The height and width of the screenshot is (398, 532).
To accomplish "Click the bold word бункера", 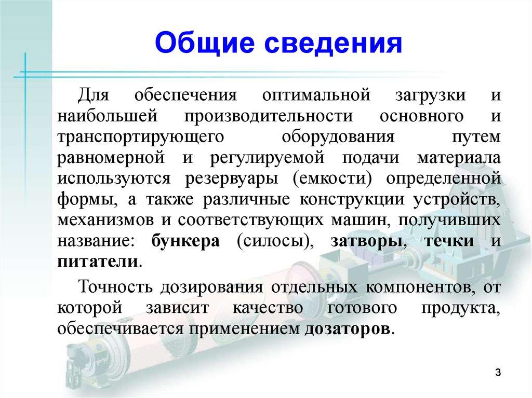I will pos(185,242).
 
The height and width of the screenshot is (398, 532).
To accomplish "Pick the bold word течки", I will pos(448,242).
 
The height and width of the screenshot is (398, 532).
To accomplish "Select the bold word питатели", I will pos(98,261).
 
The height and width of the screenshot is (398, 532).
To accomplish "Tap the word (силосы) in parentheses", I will pos(273,242).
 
